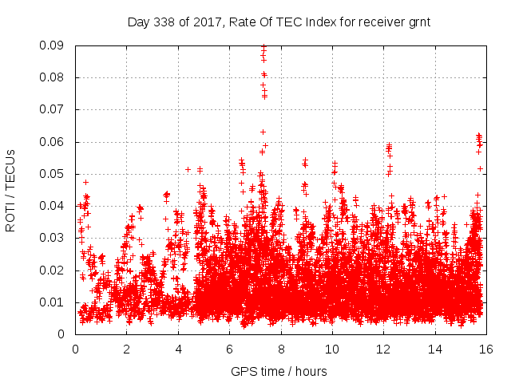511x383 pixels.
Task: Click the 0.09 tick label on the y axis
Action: coord(54,45)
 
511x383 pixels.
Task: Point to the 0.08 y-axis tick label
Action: coord(54,77)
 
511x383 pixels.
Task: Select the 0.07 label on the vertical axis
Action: coord(54,109)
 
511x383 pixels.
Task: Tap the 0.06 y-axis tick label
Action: coord(54,142)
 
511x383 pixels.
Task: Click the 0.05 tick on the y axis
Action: coord(54,174)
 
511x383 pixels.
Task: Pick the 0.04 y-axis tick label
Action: coord(54,206)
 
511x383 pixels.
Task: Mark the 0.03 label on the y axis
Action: coord(54,238)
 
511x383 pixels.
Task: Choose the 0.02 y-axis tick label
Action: coord(54,270)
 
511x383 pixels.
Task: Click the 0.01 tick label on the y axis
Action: coord(54,302)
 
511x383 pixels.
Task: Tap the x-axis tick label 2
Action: coord(126,349)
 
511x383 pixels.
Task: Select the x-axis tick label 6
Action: coord(229,349)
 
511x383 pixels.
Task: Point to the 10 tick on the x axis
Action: coord(332,349)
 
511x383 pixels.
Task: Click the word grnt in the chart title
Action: coord(418,22)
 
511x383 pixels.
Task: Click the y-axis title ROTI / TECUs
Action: coord(10,190)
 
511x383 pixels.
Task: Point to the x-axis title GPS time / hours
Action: coord(280,371)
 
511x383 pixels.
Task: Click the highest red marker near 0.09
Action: coord(263,47)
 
